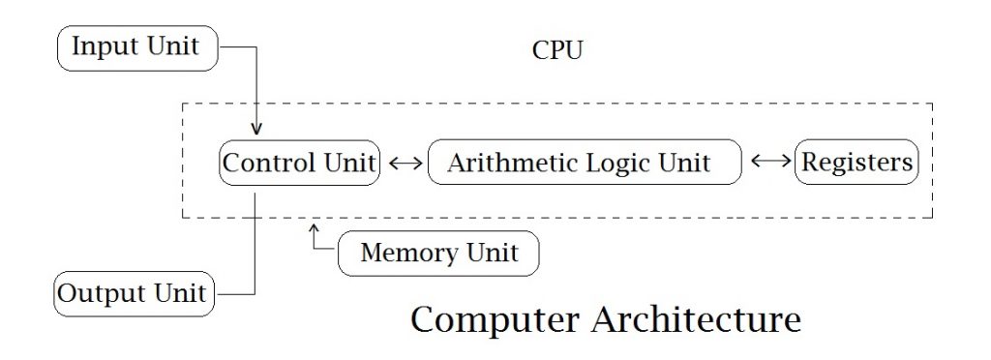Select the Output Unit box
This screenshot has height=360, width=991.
point(134,292)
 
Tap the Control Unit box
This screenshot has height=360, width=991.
point(299,163)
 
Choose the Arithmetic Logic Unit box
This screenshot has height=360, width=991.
point(584,163)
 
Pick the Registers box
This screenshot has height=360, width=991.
point(856,163)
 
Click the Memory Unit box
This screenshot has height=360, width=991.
point(438,255)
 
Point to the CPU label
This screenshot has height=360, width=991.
point(557,51)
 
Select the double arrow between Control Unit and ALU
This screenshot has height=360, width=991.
point(405,164)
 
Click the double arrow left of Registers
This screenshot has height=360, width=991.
point(770,163)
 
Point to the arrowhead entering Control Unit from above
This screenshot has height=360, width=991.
point(256,131)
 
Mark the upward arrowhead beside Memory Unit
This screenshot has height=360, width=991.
point(315,230)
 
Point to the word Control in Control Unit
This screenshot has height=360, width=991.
point(270,163)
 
